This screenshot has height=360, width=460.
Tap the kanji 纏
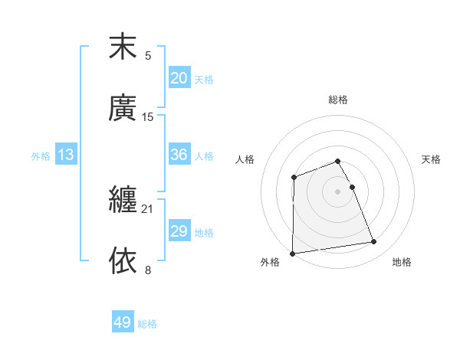coord(123,201)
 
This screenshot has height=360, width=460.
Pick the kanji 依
coord(123,260)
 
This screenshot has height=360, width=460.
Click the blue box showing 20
coord(179,78)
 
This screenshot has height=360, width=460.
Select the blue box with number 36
coord(179,155)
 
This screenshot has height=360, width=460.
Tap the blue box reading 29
coord(179,231)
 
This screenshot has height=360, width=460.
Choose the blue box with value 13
coord(66,155)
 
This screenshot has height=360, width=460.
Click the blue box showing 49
coord(123,322)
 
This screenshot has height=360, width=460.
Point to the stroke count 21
coord(148,208)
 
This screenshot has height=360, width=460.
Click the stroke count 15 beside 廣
coord(148,116)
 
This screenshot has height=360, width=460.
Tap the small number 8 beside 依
coord(148,269)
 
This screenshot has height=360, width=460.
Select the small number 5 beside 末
coord(148,55)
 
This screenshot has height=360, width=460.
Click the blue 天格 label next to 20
coord(204,79)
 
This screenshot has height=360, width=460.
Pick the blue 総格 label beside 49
coord(147,324)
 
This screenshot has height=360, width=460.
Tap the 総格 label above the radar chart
coord(338,100)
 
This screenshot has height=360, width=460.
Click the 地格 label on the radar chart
coord(402,262)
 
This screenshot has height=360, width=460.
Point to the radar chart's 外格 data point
coord(293,254)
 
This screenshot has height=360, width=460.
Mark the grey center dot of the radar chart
coord(338,191)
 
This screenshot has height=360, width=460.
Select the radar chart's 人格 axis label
coord(245,159)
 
